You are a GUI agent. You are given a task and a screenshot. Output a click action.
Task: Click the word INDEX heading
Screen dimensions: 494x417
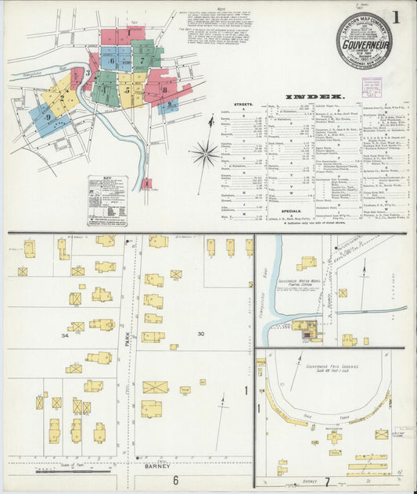coord(308,97)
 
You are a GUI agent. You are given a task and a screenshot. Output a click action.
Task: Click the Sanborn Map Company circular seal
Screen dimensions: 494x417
coord(364,40)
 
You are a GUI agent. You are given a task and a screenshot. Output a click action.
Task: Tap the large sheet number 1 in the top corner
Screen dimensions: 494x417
coord(397,16)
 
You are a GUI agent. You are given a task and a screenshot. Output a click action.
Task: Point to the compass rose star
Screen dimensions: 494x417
coord(205,152)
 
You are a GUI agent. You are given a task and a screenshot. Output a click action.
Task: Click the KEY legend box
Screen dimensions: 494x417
coord(107,190)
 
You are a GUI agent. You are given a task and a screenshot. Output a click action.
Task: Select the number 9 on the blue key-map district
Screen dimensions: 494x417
coord(49,117)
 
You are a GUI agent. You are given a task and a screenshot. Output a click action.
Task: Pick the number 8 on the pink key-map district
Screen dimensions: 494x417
coord(165,90)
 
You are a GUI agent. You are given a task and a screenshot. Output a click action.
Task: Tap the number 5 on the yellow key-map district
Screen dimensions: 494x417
coord(126,90)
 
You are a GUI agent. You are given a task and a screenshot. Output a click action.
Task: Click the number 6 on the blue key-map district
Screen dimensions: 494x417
coord(112,59)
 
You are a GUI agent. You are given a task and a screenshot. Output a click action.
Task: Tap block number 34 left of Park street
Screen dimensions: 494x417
coord(65,335)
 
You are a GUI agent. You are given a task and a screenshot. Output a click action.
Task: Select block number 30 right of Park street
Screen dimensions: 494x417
coord(200,335)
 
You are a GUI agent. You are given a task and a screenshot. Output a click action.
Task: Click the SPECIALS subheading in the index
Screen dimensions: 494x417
coord(291,210)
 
